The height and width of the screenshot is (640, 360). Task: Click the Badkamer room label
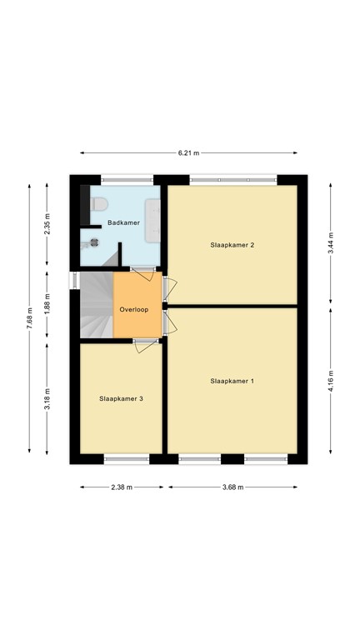(x=122, y=222)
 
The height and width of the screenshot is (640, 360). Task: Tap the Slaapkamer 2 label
(x=232, y=245)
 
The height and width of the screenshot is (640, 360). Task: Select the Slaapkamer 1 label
(x=232, y=381)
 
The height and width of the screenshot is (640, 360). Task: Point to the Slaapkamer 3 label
(x=121, y=399)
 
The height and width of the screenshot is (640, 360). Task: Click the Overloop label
(x=133, y=309)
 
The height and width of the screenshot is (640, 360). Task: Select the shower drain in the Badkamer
(x=94, y=243)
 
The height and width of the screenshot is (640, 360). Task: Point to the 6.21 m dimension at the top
(x=188, y=153)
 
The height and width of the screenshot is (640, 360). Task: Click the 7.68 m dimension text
(x=29, y=321)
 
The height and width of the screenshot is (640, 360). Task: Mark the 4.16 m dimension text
(x=331, y=380)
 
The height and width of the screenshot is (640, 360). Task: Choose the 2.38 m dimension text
(x=122, y=487)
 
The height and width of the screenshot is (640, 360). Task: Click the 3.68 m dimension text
(x=232, y=487)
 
